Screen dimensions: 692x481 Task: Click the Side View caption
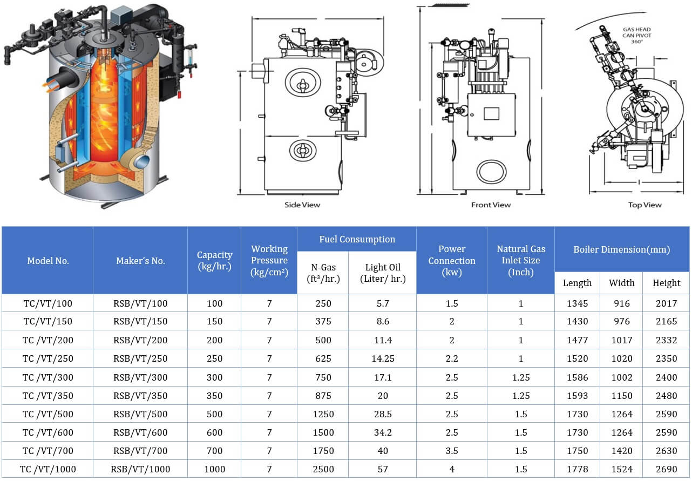[x=302, y=205]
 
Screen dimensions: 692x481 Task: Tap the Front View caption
[x=491, y=205]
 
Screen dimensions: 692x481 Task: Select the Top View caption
[x=644, y=205]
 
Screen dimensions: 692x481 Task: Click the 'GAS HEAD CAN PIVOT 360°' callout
[x=637, y=35]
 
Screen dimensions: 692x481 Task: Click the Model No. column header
[x=48, y=261]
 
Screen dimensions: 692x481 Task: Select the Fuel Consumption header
[x=357, y=239]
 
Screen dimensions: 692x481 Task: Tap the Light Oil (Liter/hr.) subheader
[x=383, y=273]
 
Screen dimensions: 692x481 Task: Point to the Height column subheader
[x=666, y=283]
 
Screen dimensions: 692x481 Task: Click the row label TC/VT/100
[x=48, y=303]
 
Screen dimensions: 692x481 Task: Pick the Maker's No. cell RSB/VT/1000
[x=140, y=469]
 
